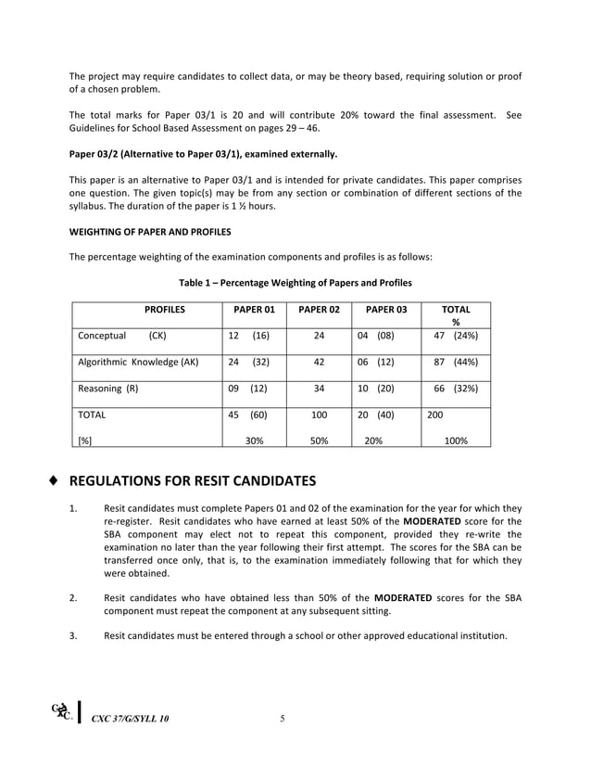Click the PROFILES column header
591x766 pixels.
pos(164,310)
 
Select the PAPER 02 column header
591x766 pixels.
pos(319,310)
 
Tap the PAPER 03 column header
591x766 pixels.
pos(385,310)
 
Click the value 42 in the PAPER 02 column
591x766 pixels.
pos(319,363)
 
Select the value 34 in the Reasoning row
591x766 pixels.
pos(319,389)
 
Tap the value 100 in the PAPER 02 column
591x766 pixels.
pos(319,415)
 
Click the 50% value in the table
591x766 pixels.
pos(319,441)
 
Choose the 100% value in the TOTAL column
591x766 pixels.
pos(455,441)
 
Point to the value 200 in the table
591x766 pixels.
pos(434,415)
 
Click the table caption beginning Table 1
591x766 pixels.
pos(295,282)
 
